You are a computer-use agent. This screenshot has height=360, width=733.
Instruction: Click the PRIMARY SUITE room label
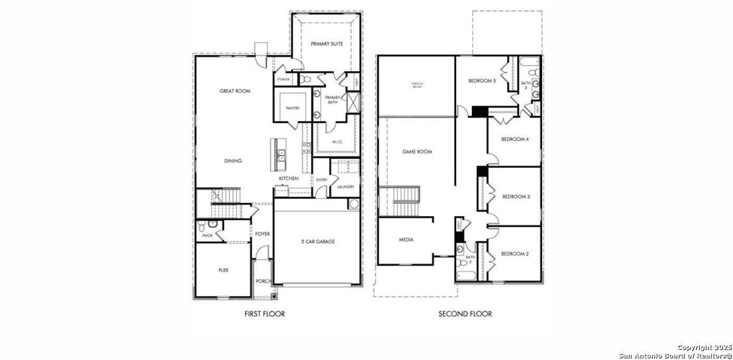point(326,44)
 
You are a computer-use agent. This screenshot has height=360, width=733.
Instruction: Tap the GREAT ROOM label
point(235,91)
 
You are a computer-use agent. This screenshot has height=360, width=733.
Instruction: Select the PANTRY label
point(293,109)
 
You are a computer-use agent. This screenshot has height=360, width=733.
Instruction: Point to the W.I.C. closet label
point(337,142)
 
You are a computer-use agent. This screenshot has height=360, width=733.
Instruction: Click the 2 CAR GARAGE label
point(317,242)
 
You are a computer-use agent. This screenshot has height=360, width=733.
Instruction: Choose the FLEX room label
point(224,270)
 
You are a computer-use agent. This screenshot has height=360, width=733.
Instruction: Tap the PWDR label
point(207,236)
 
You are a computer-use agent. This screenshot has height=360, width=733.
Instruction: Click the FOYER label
point(263,234)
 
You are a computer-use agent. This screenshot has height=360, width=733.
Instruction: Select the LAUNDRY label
point(345,187)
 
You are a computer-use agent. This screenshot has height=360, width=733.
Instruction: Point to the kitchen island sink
point(281,154)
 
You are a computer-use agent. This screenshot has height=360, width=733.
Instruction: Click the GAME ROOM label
point(417,152)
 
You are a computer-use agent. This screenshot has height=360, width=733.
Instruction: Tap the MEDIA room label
point(406,240)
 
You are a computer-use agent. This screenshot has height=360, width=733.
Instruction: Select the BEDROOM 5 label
point(482,81)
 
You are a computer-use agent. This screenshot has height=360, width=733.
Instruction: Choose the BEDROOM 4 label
point(514,139)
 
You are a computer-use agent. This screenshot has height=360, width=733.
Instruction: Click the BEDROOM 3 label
point(515,197)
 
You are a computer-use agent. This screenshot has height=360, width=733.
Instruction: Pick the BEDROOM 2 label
point(514,254)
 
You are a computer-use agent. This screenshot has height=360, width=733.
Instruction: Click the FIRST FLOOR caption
point(264,314)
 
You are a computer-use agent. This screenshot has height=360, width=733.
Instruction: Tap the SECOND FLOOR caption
point(465,314)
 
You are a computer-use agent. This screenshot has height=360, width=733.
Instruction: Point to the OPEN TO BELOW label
point(417,85)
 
